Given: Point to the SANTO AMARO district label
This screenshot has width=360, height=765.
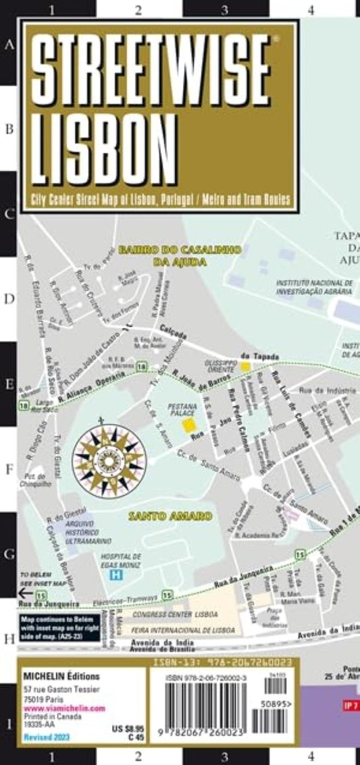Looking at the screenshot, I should pos(171,515).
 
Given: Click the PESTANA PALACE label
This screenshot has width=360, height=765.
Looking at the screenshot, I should pos(182,410).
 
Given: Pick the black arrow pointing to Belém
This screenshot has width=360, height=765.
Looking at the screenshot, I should pos(24,592).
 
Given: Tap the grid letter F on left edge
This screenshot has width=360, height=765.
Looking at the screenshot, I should pos(9,469).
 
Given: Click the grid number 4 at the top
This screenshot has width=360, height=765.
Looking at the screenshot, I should pos(311,9).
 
